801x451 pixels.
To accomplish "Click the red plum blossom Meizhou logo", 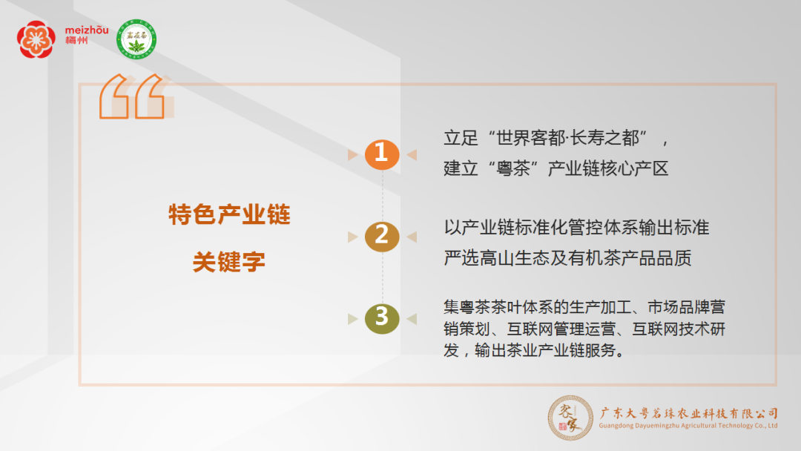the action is click(x=36, y=39).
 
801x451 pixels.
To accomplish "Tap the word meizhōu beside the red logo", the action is click(x=87, y=30).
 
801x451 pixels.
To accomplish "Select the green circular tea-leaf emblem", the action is click(x=136, y=39).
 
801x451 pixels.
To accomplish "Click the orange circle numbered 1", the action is click(x=382, y=154).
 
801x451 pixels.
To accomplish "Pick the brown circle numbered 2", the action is click(x=382, y=237).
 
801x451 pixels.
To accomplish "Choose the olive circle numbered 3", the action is click(x=382, y=319).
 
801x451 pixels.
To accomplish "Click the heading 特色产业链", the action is click(x=229, y=214).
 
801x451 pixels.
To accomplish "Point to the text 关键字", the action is click(x=229, y=262).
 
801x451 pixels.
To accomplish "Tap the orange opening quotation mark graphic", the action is click(x=136, y=96).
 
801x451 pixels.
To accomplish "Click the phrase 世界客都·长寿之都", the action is click(x=567, y=138).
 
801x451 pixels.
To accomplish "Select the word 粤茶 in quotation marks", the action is click(x=513, y=168).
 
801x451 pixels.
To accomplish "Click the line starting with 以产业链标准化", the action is click(x=576, y=227).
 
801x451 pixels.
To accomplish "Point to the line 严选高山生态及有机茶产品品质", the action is click(x=567, y=258).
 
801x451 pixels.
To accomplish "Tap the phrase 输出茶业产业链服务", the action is click(x=544, y=350).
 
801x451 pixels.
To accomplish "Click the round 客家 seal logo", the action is click(x=570, y=418).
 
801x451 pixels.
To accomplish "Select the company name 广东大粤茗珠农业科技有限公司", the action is click(x=688, y=413).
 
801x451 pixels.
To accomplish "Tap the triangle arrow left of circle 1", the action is click(x=352, y=155).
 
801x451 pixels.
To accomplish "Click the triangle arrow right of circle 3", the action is click(x=412, y=319).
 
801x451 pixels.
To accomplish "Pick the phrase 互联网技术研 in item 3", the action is click(x=679, y=329).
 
